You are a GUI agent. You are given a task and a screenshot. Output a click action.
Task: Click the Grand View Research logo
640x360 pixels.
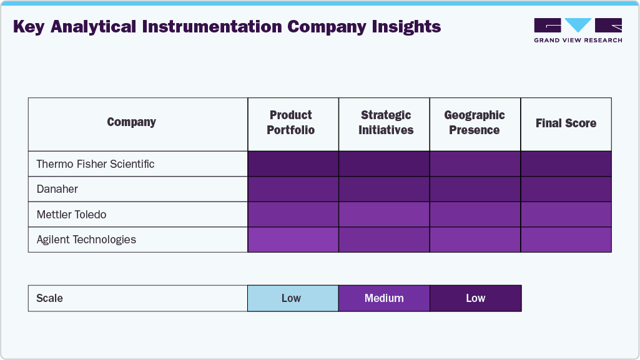[x=578, y=30]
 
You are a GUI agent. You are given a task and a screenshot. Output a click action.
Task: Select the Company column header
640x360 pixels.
[x=131, y=122]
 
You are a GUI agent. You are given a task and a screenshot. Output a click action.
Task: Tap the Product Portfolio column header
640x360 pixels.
[x=291, y=123]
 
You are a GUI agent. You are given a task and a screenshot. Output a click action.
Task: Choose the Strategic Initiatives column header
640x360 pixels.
[x=386, y=123]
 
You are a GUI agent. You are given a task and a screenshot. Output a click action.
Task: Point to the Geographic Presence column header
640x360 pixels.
[x=475, y=123]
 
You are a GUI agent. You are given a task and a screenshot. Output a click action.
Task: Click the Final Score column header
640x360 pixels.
[x=566, y=124]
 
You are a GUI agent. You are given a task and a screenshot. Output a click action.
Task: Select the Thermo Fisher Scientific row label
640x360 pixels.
[x=96, y=164]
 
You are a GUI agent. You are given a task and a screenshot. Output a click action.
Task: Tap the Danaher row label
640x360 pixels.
[x=57, y=189]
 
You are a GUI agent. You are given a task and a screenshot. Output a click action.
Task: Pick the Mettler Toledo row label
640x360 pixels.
[x=71, y=215]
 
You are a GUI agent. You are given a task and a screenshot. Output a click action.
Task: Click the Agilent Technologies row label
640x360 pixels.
[x=86, y=240]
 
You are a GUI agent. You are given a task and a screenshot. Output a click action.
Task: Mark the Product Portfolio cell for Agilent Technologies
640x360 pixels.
[x=293, y=240]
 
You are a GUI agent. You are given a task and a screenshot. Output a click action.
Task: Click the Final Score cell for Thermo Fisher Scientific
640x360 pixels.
[x=566, y=164]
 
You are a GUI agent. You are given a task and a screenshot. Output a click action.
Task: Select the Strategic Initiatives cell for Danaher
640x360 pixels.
[x=384, y=189]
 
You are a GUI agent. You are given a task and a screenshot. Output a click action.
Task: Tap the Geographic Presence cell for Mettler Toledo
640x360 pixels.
[x=475, y=215]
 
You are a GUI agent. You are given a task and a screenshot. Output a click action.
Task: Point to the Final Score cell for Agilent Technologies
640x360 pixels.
[x=566, y=240]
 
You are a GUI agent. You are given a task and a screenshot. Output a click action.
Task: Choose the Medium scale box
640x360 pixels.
[x=384, y=298]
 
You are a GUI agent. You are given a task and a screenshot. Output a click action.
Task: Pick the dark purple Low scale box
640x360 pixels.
[x=475, y=298]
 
